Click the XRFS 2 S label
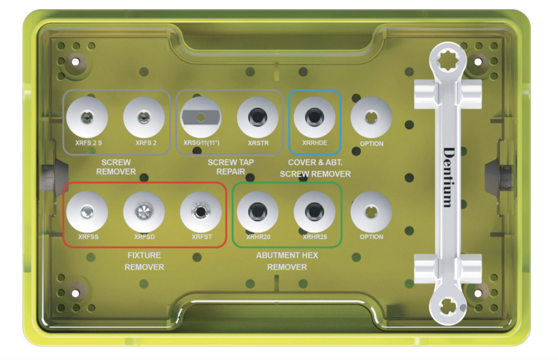click(89, 143)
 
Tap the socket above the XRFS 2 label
click(144, 117)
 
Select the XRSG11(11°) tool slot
click(201, 117)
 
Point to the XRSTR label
click(258, 143)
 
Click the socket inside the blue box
click(315, 117)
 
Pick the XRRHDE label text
click(315, 143)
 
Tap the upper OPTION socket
click(371, 117)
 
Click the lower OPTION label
click(372, 237)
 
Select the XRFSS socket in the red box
click(87, 212)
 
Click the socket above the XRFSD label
click(144, 212)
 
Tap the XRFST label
click(202, 237)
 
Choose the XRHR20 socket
click(258, 212)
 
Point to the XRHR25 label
click(315, 237)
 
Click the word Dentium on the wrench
click(449, 177)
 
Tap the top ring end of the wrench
click(448, 61)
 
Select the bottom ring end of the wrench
click(448, 306)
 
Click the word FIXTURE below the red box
click(144, 255)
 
